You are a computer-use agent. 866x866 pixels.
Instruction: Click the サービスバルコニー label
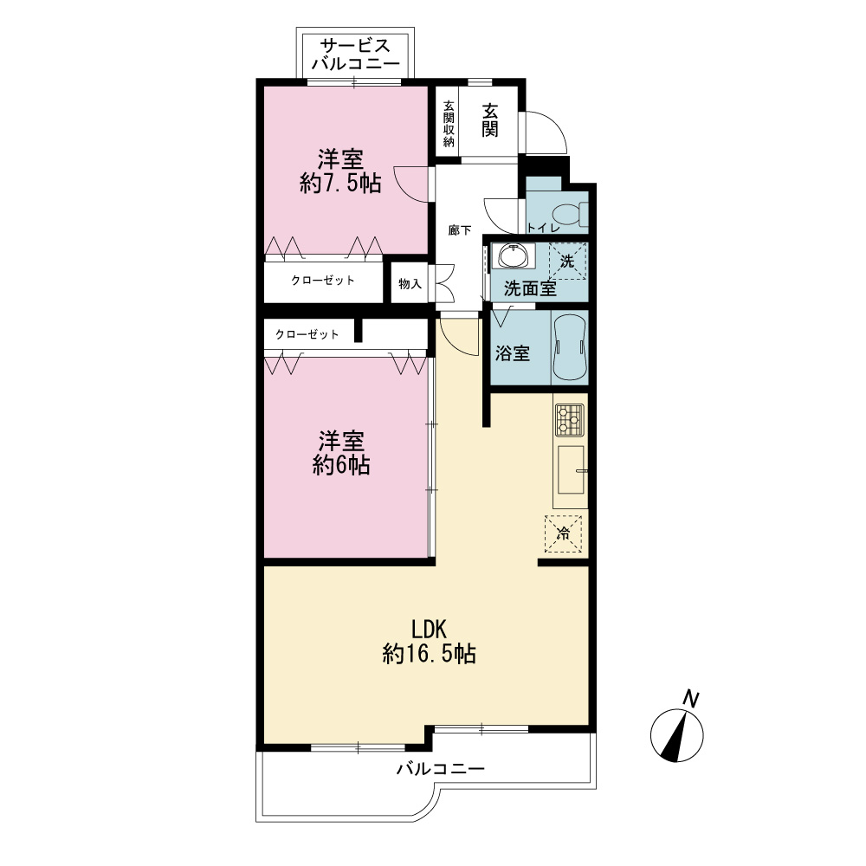[355, 54]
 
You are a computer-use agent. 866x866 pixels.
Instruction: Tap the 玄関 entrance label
[490, 120]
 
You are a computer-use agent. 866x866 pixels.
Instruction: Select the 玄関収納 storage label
[449, 123]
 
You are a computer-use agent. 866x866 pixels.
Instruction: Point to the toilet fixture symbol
[570, 214]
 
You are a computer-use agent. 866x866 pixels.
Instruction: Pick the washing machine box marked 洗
[567, 261]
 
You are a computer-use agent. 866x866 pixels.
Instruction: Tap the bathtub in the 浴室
[569, 347]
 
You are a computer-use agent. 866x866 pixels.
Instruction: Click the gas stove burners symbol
[570, 420]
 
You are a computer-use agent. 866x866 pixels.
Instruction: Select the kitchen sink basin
[571, 469]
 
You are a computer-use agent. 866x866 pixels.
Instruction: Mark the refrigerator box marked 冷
[564, 533]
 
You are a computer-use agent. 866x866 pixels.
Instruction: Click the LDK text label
[429, 630]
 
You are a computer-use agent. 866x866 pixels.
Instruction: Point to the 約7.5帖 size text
[340, 184]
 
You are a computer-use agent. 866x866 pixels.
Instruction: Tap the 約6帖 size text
[341, 465]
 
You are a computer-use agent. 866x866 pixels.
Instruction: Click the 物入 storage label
[410, 284]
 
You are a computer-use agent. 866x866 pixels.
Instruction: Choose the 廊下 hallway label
[460, 230]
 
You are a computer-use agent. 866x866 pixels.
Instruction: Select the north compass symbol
[677, 735]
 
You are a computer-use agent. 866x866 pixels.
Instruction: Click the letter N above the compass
[690, 698]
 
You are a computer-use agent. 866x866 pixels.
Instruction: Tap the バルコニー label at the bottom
[440, 768]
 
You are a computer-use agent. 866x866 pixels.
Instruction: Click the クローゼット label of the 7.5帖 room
[323, 281]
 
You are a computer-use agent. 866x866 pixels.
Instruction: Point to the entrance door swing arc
[554, 123]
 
